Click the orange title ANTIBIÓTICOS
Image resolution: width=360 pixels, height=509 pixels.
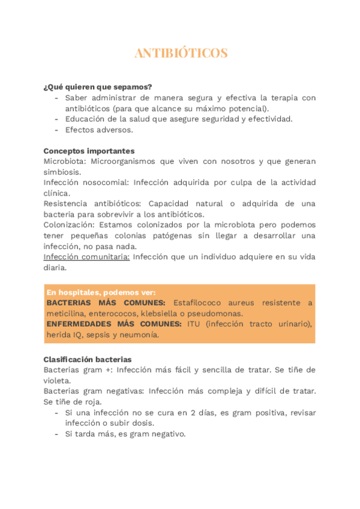pyautogui.click(x=181, y=53)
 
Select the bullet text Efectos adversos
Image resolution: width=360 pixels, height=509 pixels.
pyautogui.click(x=99, y=130)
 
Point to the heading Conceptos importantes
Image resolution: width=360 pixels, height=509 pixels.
pyautogui.click(x=89, y=151)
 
